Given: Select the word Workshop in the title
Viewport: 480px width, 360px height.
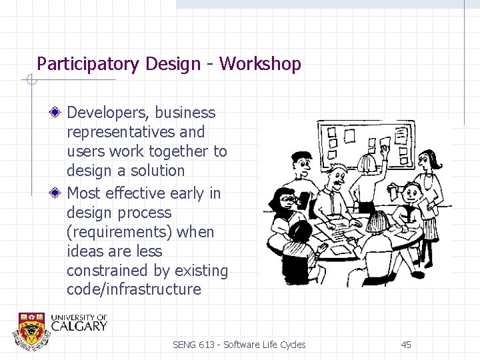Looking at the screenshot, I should click(x=260, y=64).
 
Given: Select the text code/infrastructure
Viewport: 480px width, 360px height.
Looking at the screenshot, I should click(x=133, y=289).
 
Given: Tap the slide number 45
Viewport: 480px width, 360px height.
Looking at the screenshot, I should click(x=406, y=345).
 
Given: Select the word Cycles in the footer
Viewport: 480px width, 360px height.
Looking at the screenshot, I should click(x=293, y=345).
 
